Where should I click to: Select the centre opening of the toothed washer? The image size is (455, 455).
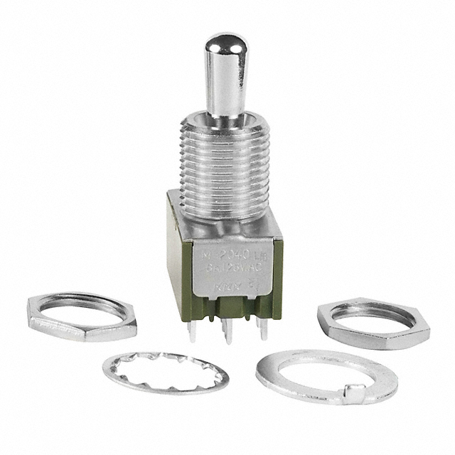click(166, 370)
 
